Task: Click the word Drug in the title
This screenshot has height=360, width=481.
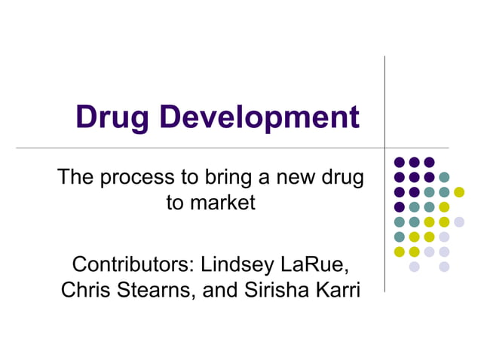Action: click(113, 117)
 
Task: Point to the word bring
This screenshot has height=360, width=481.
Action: click(223, 178)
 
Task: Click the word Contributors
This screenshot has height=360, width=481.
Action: click(132, 265)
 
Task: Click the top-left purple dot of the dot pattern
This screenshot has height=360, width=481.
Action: click(399, 162)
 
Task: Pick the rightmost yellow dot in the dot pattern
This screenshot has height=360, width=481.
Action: click(459, 192)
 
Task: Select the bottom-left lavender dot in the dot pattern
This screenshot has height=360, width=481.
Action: click(414, 267)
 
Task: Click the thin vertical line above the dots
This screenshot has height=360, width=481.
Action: click(384, 98)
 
